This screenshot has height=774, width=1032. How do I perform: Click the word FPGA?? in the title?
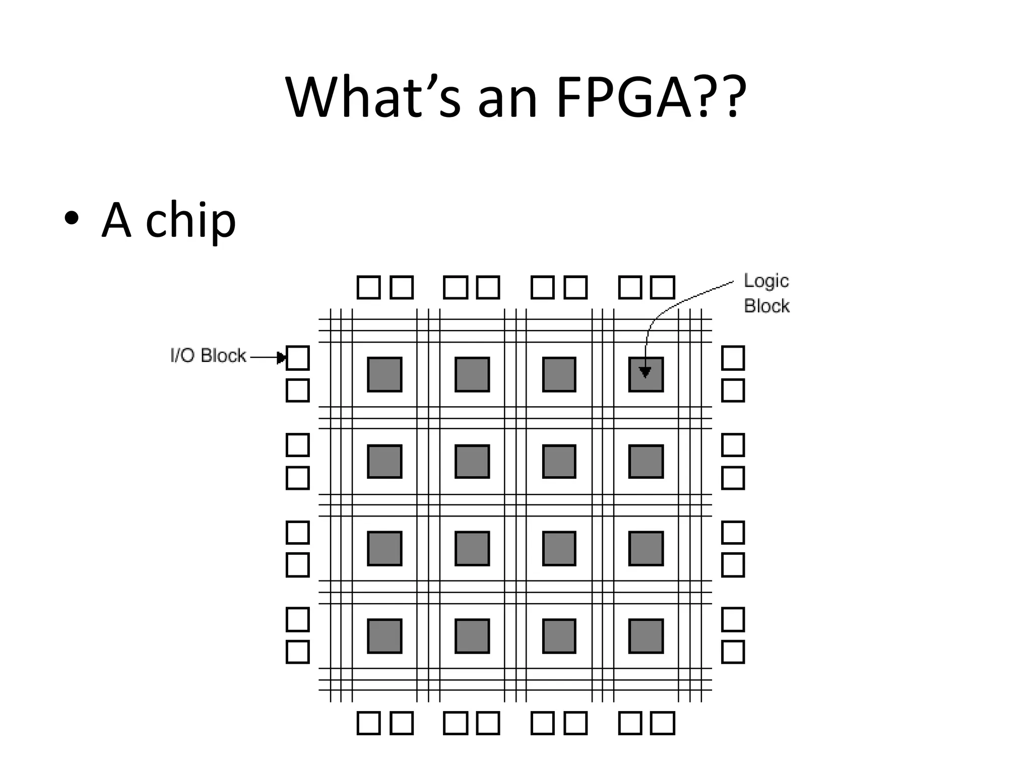click(650, 97)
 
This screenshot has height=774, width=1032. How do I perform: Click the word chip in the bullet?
click(190, 220)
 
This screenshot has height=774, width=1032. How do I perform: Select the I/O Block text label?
click(208, 356)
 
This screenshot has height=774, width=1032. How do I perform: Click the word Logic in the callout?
click(766, 281)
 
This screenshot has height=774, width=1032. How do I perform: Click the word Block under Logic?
click(766, 306)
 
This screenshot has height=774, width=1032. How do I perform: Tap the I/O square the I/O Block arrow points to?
click(297, 358)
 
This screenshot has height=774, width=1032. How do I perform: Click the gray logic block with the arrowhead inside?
click(646, 374)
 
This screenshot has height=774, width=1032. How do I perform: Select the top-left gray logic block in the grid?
click(384, 374)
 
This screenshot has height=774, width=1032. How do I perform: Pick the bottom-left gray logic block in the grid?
click(384, 636)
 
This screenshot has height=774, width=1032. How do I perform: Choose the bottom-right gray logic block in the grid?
click(646, 636)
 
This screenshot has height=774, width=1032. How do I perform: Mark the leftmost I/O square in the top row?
click(368, 287)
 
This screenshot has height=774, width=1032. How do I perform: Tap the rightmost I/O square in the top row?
click(663, 287)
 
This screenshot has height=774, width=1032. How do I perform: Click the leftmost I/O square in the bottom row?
click(368, 723)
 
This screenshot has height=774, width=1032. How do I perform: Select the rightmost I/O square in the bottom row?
click(663, 723)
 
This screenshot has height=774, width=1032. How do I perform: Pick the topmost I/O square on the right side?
click(733, 358)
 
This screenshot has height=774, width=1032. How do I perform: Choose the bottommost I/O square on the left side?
click(297, 652)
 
